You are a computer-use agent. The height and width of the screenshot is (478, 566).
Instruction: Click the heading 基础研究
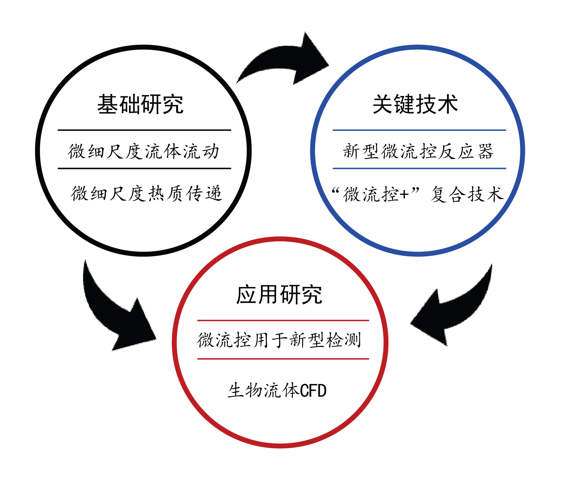tap(140, 105)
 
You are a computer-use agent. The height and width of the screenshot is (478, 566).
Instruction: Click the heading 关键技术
tap(415, 105)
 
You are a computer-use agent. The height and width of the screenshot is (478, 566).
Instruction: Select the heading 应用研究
tap(279, 295)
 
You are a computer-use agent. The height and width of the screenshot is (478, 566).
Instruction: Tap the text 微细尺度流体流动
tap(143, 152)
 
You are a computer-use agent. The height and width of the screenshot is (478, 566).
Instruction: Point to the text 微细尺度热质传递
tap(146, 193)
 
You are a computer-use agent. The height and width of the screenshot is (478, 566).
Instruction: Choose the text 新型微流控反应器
tap(418, 152)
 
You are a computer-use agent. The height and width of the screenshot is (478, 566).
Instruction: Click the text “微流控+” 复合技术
tap(417, 194)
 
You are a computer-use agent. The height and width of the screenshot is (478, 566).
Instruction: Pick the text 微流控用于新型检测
tap(279, 340)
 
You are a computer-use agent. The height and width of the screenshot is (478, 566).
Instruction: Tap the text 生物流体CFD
tap(277, 391)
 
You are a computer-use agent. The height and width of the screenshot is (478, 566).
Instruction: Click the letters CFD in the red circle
tap(313, 391)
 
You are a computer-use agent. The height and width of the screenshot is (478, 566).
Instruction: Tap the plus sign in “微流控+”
tap(404, 195)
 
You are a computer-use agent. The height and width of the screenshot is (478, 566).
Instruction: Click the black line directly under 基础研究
tap(144, 130)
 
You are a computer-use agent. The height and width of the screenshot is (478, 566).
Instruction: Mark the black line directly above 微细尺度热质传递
tap(144, 168)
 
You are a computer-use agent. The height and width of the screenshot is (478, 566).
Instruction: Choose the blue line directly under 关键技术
tap(419, 130)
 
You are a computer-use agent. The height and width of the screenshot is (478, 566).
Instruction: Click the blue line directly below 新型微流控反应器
tap(419, 168)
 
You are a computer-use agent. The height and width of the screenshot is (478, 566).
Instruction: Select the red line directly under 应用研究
tap(283, 320)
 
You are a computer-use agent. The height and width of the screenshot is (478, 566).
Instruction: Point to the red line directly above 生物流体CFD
tap(283, 359)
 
